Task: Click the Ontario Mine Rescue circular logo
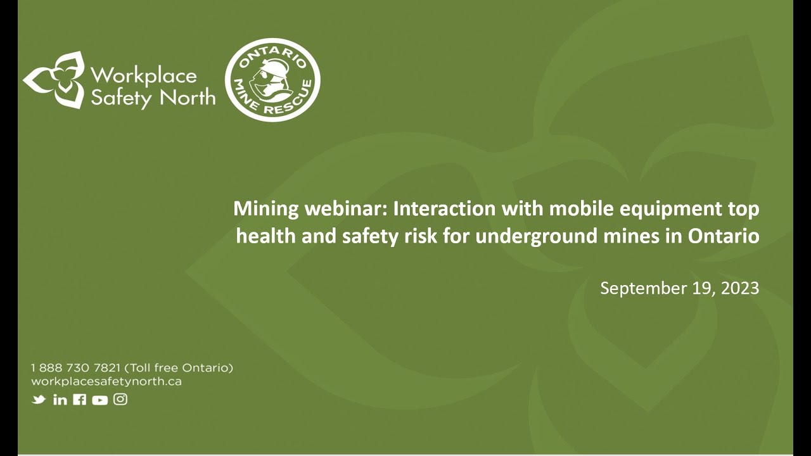coord(272,79)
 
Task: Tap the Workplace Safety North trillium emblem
coord(53,80)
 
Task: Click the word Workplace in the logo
coord(144,76)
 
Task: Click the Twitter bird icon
coord(39,400)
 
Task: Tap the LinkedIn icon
coord(60,400)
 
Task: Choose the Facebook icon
coord(80,400)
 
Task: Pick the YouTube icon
coord(99,400)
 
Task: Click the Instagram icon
coord(120,399)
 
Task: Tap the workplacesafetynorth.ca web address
coord(106,381)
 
